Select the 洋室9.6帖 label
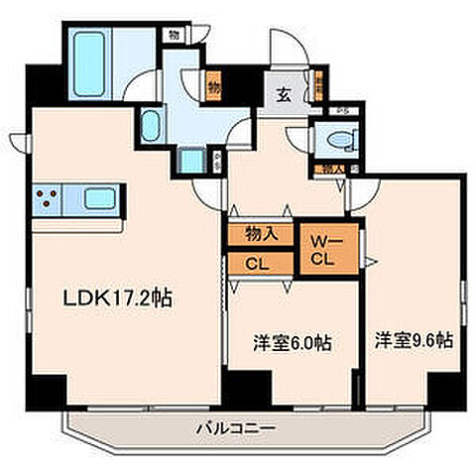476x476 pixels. [x=413, y=339]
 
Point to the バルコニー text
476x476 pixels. [x=234, y=427]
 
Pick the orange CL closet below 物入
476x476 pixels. [x=258, y=265]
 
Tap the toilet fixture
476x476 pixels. [x=334, y=141]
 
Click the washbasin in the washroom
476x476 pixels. [x=150, y=127]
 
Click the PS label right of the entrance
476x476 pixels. [x=341, y=111]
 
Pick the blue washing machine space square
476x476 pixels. [x=190, y=159]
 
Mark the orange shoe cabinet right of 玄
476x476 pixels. [x=318, y=87]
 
